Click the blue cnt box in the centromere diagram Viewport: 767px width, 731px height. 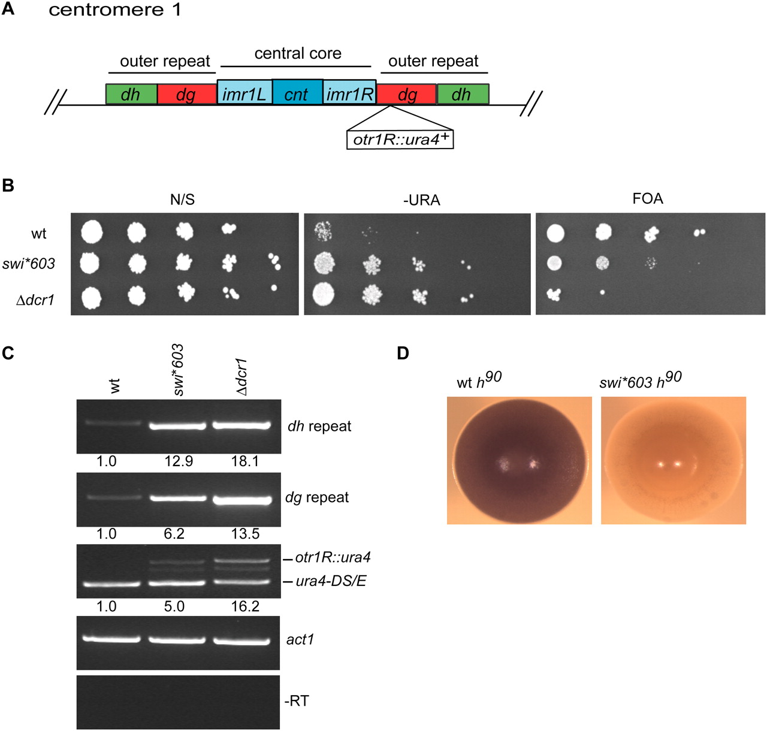pos(297,95)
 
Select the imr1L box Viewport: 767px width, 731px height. pos(244,95)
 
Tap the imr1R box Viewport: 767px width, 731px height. pos(349,95)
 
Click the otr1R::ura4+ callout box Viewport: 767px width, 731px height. pos(400,139)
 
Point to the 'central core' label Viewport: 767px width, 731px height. pos(298,53)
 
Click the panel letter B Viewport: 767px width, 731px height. pos(8,185)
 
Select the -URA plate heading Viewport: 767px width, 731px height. pos(421,200)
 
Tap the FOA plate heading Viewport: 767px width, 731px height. pos(648,198)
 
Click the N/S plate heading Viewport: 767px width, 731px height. pos(182,200)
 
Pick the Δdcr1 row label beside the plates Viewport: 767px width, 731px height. pos(35,300)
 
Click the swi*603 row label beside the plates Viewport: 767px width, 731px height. pos(29,263)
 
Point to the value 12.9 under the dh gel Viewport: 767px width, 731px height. pos(179,461)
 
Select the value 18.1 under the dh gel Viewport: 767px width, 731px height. pos(244,461)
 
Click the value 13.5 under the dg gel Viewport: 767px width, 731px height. pos(244,534)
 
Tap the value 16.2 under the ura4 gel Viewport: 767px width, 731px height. pos(244,606)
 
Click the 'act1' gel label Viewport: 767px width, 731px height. pos(300,639)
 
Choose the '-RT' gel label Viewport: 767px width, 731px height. pos(297,700)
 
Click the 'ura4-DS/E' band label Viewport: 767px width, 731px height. pos(331,581)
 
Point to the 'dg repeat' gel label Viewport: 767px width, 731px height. pos(317,497)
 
